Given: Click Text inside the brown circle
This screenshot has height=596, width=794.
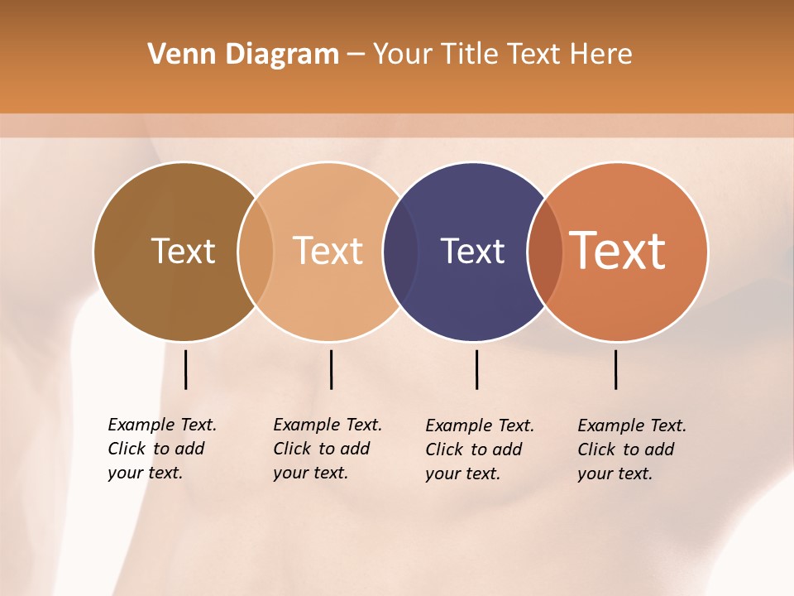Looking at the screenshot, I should [183, 251].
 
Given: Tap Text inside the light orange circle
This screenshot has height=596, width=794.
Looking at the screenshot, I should [328, 251].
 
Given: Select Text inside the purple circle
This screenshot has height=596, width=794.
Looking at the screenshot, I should [472, 251].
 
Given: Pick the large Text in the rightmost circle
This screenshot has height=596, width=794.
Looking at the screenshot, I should [618, 251].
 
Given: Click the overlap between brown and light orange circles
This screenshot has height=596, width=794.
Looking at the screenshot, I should [256, 251].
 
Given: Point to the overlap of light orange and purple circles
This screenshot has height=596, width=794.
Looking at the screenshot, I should [401, 251].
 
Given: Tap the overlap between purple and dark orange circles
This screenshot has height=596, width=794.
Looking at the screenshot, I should [546, 251].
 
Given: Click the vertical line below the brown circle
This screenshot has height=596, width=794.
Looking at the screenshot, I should [186, 369].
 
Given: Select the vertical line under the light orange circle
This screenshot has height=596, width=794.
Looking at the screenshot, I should [331, 369].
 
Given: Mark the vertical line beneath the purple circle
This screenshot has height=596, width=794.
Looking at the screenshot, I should [477, 369].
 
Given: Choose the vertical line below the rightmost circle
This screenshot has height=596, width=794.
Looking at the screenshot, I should [616, 369].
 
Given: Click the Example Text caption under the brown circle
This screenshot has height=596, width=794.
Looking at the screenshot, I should [162, 425].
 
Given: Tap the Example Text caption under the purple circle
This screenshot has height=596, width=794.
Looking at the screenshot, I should [480, 425].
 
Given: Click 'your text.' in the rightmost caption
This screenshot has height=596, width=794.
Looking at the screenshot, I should [615, 473].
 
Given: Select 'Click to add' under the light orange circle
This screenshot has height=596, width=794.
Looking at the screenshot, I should [322, 449].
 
